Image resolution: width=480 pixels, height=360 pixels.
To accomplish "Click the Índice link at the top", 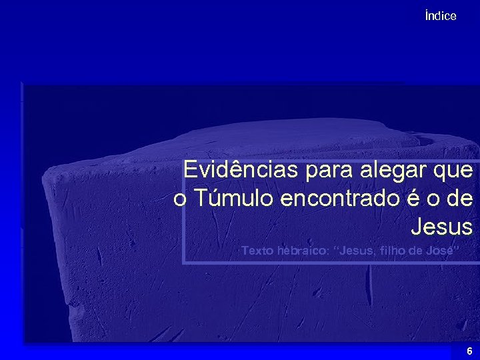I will tap(440, 16).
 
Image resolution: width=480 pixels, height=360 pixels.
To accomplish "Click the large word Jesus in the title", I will tap(441, 227).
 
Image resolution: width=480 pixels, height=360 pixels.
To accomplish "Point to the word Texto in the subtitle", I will tap(257, 251).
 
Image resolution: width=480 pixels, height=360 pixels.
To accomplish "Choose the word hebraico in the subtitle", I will tap(304, 251).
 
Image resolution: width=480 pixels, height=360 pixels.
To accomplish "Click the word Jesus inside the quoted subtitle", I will tap(359, 251).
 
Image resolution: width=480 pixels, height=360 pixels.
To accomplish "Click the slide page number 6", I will tap(469, 351).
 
